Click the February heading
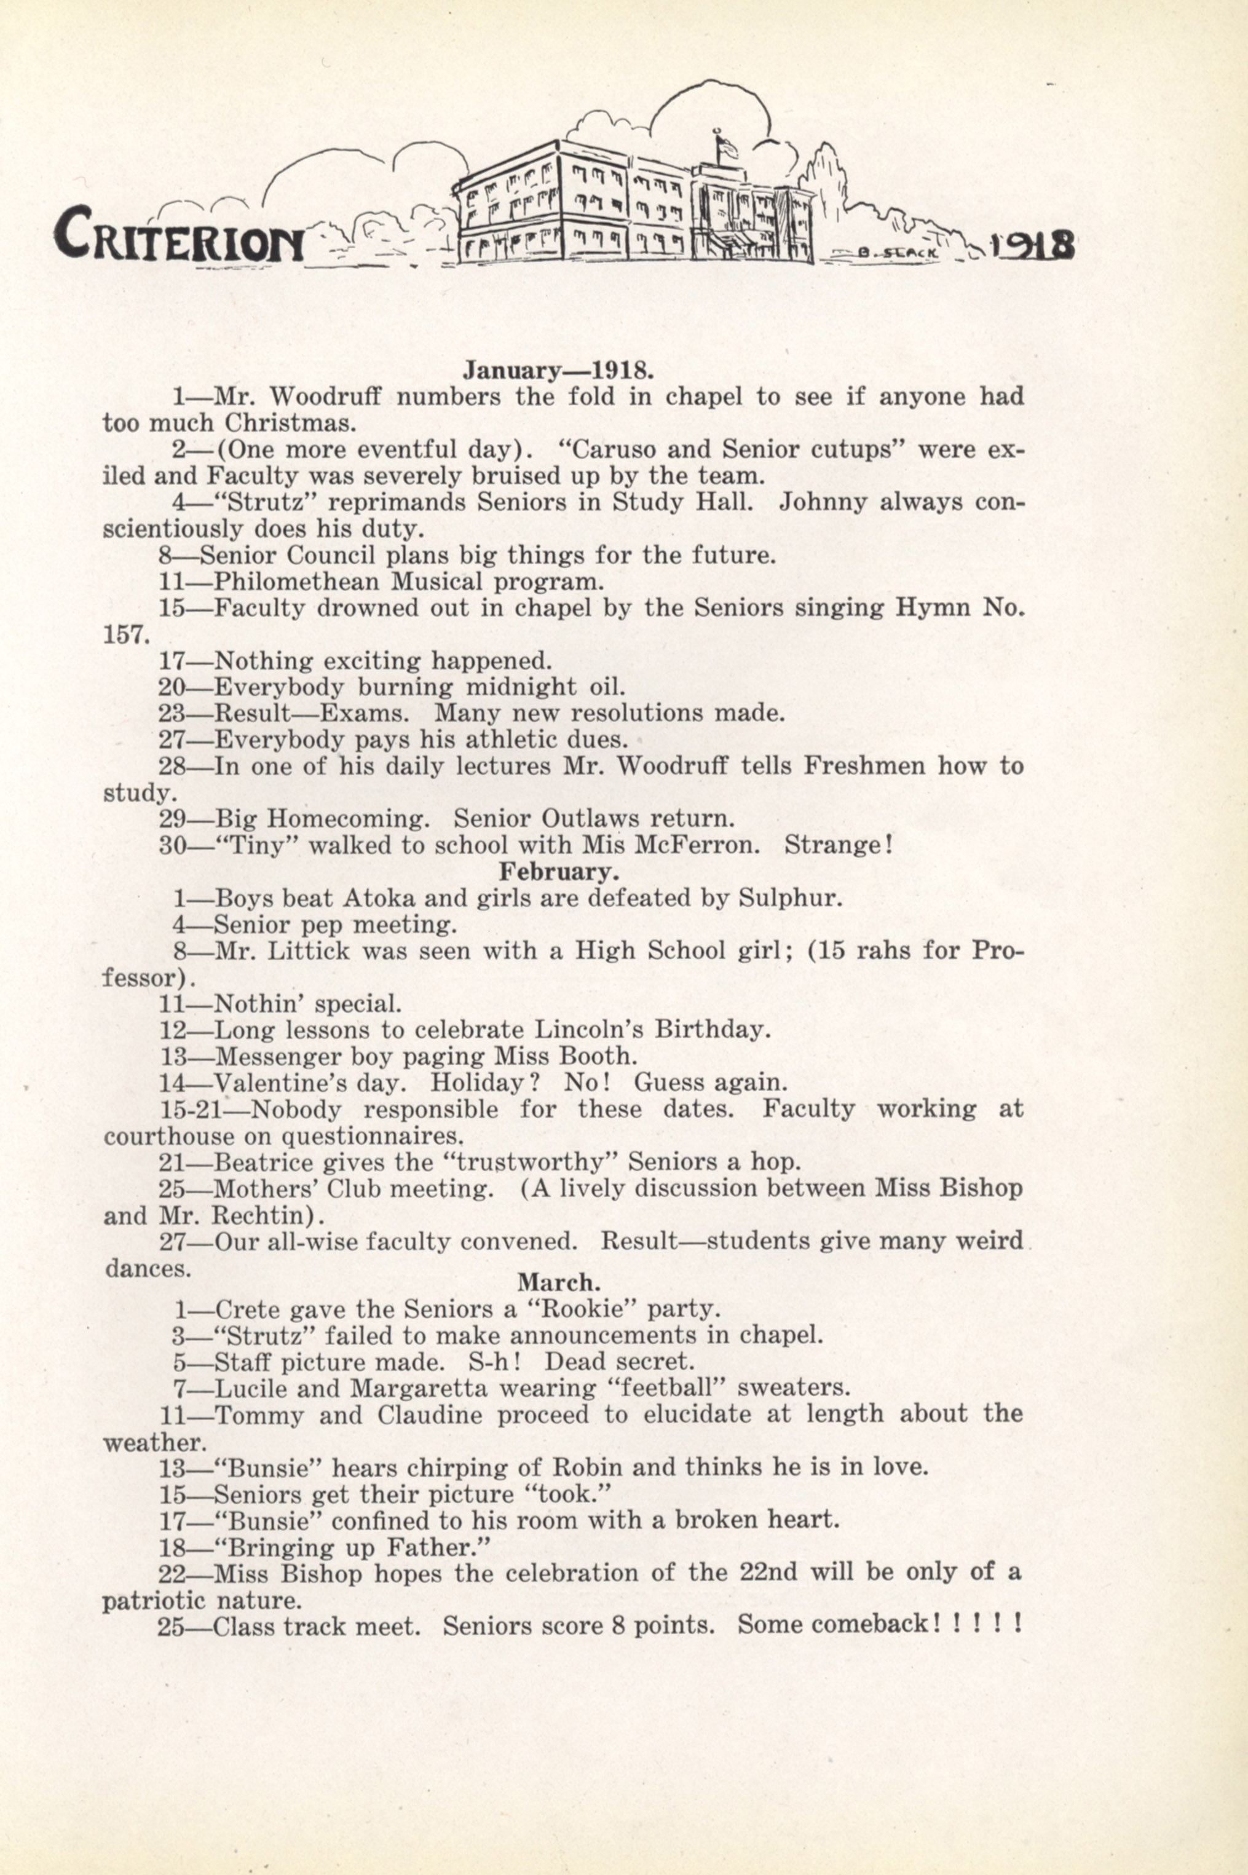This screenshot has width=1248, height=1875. tap(559, 872)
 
